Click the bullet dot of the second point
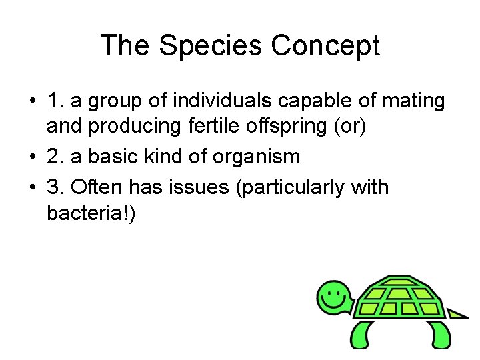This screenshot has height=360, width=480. tap(32, 157)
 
